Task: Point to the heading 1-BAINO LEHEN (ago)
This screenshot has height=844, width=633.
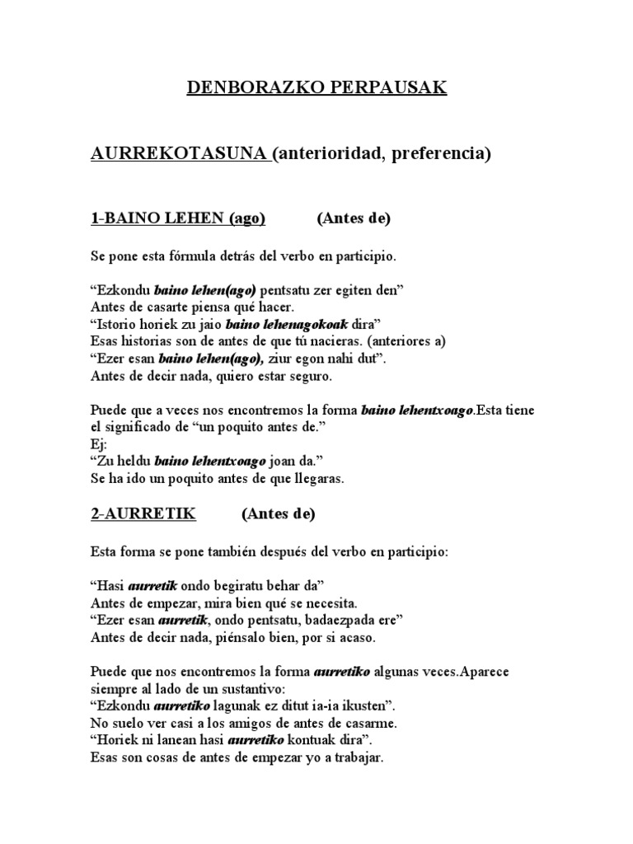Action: coord(176,218)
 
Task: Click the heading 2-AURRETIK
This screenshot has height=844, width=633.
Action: coord(142,513)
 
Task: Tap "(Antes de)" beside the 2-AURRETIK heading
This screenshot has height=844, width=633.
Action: coord(278,513)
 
